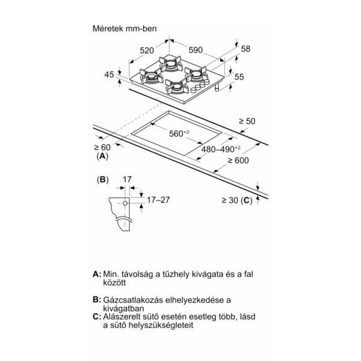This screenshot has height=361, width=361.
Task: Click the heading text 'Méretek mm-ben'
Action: (125, 28)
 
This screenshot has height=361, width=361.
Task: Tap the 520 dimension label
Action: (147, 51)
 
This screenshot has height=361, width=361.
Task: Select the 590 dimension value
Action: (196, 50)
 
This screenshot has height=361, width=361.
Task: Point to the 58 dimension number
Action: (245, 49)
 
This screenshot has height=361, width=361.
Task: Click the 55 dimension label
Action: (239, 76)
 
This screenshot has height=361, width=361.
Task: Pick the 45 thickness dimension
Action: (109, 75)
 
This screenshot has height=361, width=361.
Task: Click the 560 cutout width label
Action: (179, 134)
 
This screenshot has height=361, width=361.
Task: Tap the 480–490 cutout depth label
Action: (221, 149)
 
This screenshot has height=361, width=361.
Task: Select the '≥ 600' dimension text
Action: (238, 161)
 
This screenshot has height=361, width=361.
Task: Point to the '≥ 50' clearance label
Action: (247, 121)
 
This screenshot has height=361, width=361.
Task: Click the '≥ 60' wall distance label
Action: (102, 147)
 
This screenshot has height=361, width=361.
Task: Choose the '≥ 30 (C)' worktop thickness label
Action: (237, 200)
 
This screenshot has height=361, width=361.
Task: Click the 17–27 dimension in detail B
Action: (158, 200)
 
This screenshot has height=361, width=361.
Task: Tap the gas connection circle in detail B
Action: (125, 203)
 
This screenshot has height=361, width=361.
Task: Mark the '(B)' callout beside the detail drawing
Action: (103, 179)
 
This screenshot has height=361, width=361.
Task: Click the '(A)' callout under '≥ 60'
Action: (102, 156)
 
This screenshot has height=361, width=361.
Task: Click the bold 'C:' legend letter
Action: (97, 317)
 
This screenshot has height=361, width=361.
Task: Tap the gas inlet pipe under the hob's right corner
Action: (217, 88)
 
